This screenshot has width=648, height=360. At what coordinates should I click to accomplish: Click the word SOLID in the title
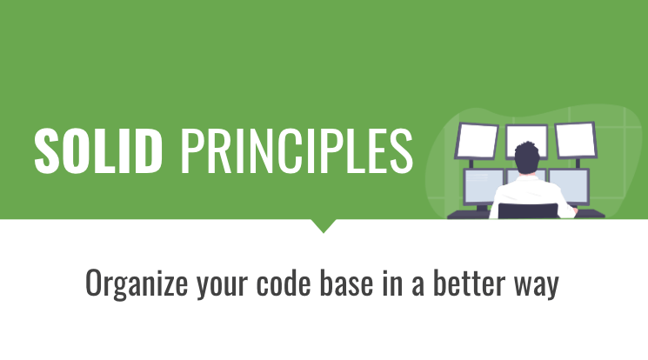(98, 149)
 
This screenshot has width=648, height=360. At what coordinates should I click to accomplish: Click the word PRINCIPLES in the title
(296, 149)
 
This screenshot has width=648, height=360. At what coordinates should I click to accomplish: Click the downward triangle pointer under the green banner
(324, 225)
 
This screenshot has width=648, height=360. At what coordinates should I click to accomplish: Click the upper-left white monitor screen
(477, 140)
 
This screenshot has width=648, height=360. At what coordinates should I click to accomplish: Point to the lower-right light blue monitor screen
(571, 185)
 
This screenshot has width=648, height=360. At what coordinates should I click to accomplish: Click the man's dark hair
(526, 157)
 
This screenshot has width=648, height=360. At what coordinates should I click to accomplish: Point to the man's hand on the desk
(570, 212)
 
